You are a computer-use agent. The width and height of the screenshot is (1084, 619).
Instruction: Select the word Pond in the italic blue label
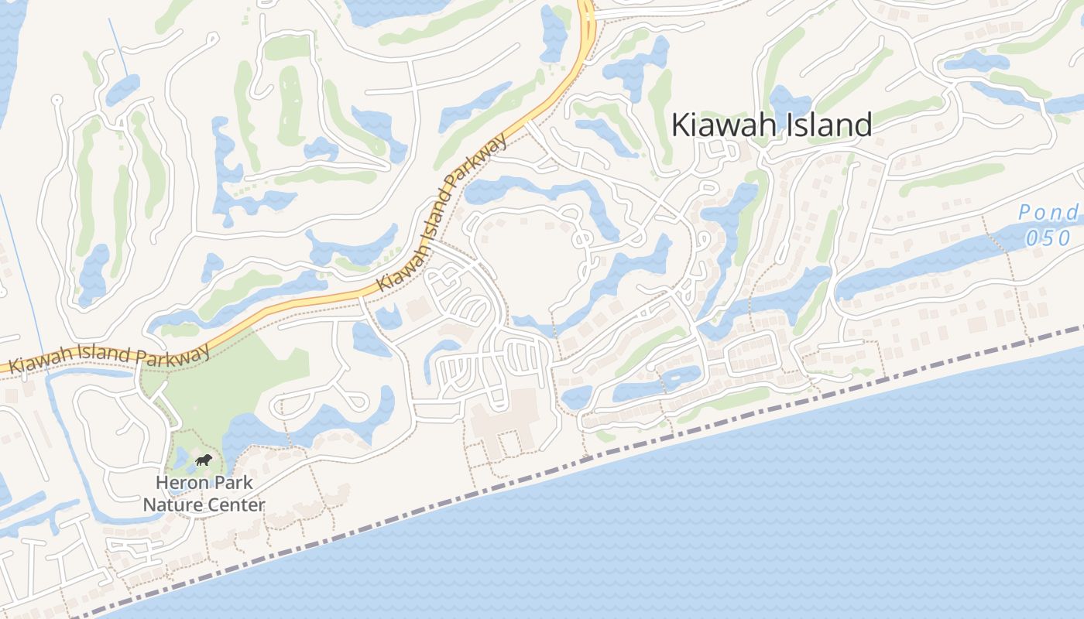coord(1048,213)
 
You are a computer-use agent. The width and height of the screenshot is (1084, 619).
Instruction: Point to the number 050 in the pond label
coord(1048,238)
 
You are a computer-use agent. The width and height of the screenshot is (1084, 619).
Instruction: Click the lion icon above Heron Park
coord(204,461)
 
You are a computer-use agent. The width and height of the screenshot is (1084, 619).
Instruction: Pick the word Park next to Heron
coord(234,482)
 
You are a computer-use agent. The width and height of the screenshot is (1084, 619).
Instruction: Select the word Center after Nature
coord(234,505)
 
